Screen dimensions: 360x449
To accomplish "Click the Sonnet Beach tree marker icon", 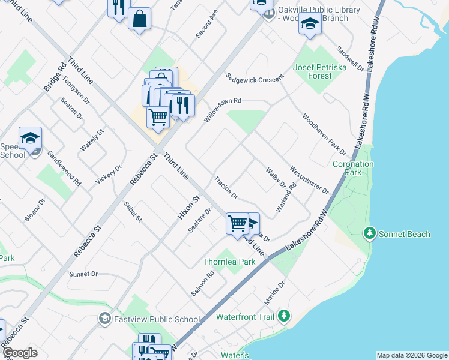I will [370, 233].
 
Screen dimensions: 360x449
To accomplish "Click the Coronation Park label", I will [353, 168].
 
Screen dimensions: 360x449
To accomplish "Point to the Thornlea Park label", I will [229, 262].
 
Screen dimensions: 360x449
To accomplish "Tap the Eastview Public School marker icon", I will [106, 318].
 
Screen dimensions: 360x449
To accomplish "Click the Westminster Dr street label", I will [309, 179].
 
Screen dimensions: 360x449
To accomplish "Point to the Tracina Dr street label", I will [227, 188].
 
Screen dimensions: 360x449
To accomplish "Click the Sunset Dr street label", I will [83, 274].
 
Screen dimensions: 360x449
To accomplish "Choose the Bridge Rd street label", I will [54, 78].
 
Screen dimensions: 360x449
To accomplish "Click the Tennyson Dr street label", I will [76, 92].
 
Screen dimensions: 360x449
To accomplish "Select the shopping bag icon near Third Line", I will [139, 19].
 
